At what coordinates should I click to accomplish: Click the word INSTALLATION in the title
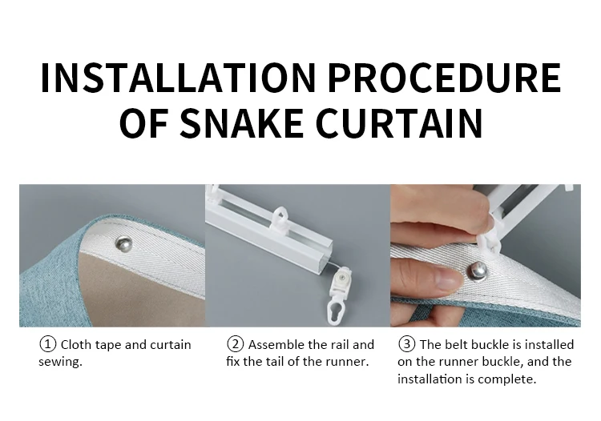click(x=178, y=78)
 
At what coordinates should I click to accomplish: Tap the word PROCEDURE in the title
click(x=445, y=78)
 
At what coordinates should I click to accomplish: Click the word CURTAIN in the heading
click(x=399, y=122)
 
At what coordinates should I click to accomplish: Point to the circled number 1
click(x=48, y=344)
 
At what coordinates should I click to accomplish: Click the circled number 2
click(x=236, y=344)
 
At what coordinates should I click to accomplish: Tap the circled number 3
click(x=406, y=343)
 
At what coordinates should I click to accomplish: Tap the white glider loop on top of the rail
click(x=281, y=219)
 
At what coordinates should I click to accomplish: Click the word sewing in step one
click(x=60, y=362)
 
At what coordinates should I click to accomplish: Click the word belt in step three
click(x=457, y=344)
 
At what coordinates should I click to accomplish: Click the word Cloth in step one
click(x=76, y=344)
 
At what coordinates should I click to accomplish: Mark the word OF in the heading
click(x=143, y=122)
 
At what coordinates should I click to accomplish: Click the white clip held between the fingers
click(x=490, y=240)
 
